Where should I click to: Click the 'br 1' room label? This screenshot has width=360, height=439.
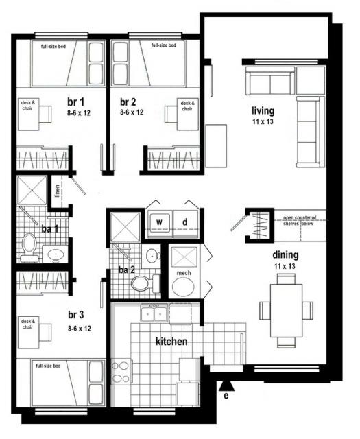point(75,102)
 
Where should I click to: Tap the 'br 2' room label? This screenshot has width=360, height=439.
point(128,102)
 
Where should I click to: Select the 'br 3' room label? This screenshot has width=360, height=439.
point(76,315)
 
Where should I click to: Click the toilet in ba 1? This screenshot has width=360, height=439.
point(29,248)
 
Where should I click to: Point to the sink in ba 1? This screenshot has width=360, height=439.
point(56,254)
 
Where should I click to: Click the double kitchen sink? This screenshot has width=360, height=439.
point(154,313)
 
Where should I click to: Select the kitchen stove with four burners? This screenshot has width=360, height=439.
point(121,372)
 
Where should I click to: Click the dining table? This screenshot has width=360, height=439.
point(286,311)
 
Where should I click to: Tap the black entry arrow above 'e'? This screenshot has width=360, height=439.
point(226,385)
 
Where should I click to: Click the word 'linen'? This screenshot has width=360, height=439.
point(57,191)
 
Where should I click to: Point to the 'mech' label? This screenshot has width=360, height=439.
point(184,273)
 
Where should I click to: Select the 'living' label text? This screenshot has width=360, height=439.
point(263,111)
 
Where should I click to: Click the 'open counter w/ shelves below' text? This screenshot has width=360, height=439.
point(298,221)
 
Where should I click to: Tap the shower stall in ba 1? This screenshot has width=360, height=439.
point(32,191)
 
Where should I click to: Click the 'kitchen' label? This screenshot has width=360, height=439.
point(171,342)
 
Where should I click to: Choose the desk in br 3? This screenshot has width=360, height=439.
point(28,333)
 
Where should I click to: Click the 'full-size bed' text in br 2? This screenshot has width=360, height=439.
point(163,45)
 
